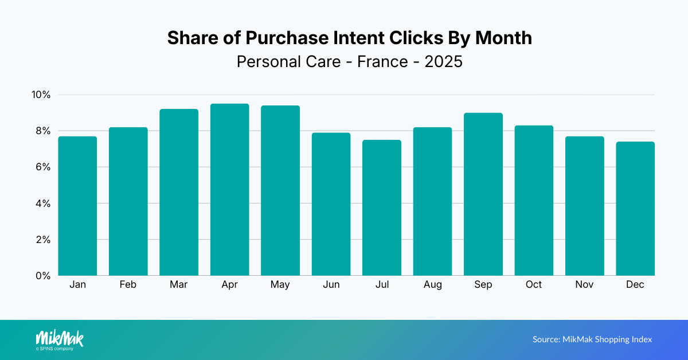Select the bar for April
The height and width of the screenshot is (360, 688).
(229, 190)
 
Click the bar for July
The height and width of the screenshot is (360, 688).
(382, 208)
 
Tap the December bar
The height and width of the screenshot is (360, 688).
(635, 209)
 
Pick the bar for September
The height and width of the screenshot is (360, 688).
(483, 194)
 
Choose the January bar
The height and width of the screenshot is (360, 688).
(77, 206)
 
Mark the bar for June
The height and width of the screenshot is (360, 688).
(331, 204)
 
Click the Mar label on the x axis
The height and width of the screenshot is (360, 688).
(179, 285)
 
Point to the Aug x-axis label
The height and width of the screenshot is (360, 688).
(433, 285)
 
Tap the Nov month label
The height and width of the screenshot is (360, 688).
(585, 285)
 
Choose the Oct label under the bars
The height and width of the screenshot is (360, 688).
(534, 285)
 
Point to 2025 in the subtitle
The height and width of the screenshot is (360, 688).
(443, 61)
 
